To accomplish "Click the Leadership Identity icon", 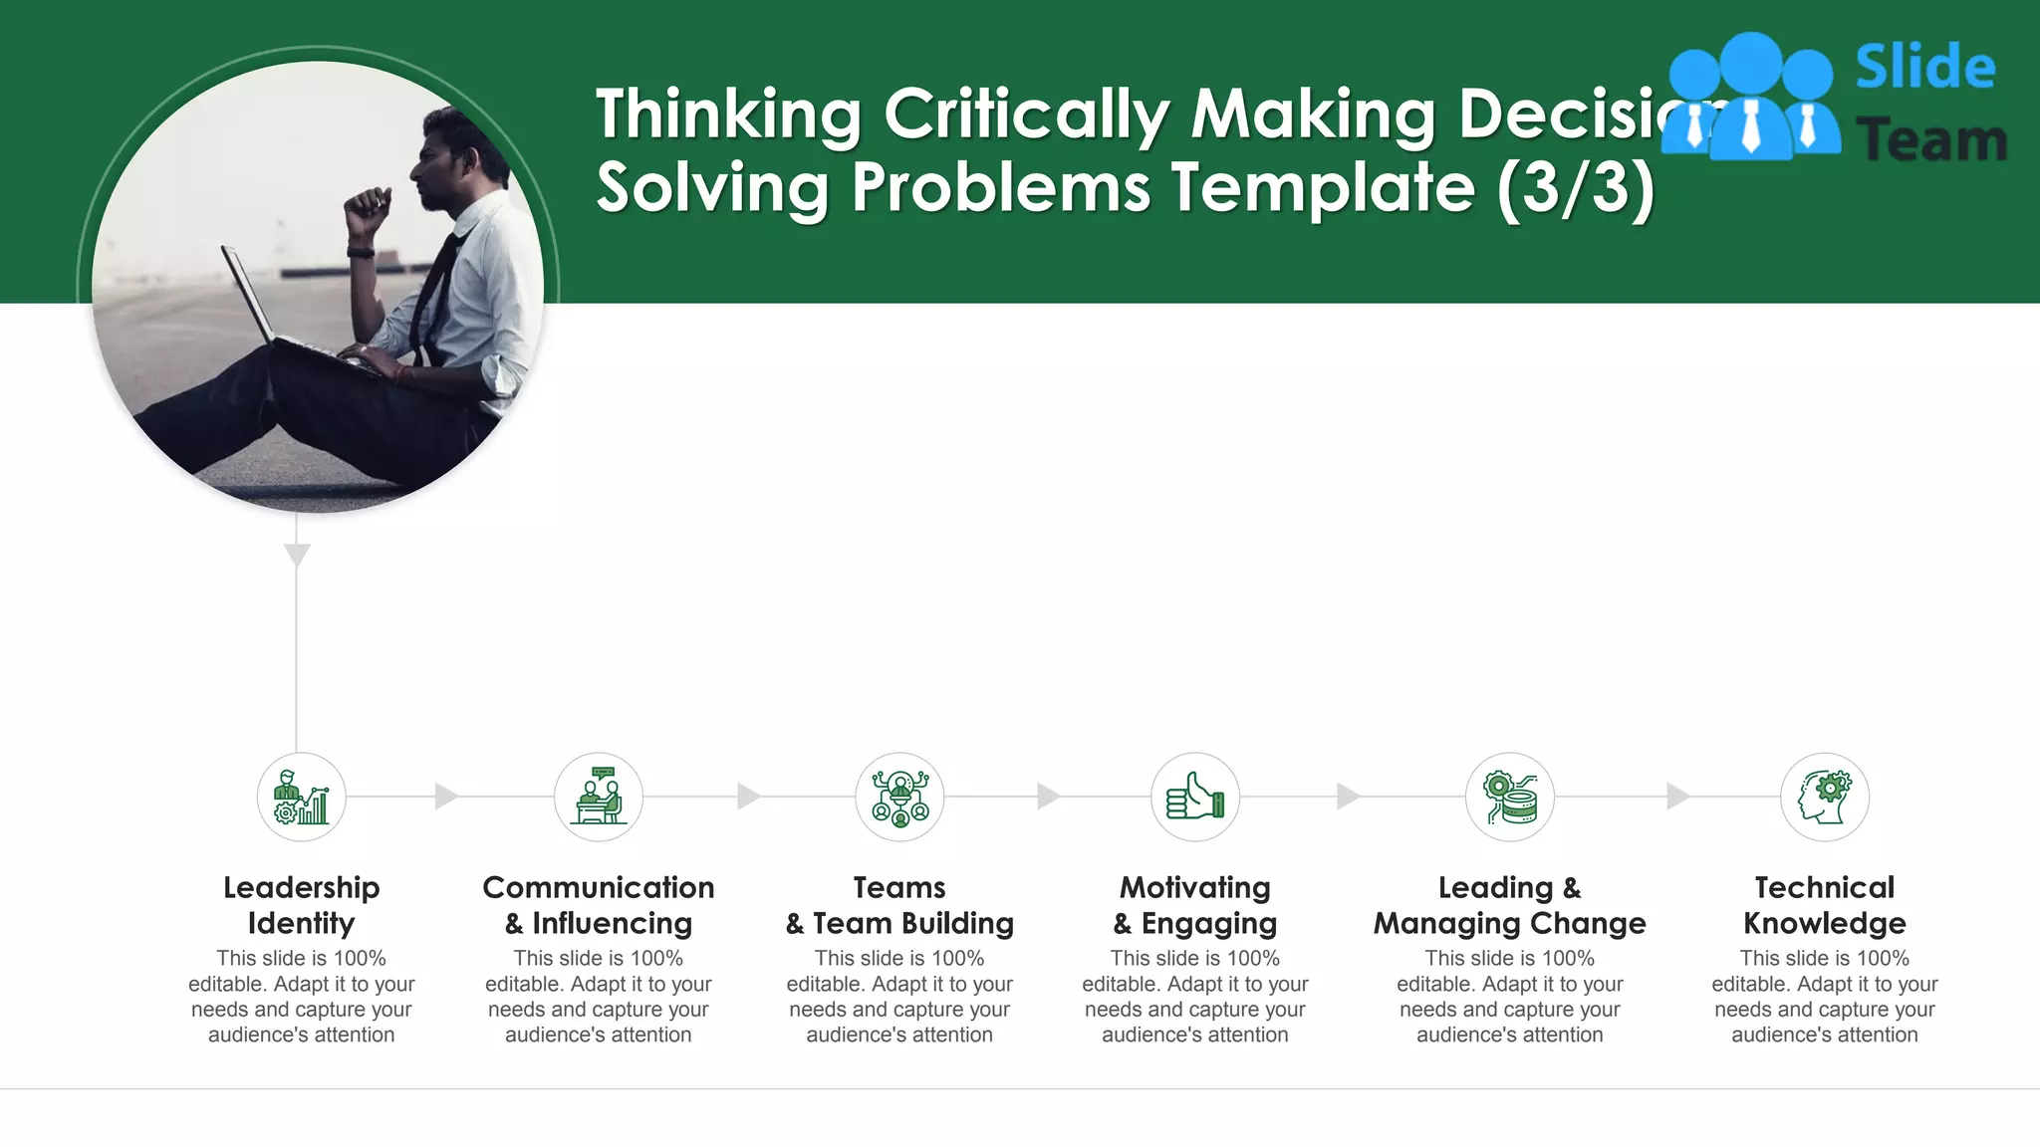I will click(x=301, y=798).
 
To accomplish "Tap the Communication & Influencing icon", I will click(x=598, y=798).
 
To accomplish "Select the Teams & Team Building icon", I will click(x=899, y=798).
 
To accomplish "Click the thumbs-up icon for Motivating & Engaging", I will click(x=1194, y=798).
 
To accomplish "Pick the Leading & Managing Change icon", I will click(x=1509, y=798).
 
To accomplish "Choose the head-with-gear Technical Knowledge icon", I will click(x=1824, y=798).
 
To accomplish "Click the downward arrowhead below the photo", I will click(x=297, y=555).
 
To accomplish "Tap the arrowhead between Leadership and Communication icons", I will click(x=446, y=797).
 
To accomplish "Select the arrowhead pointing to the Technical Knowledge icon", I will click(x=1677, y=797).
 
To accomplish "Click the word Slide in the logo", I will click(x=1924, y=68).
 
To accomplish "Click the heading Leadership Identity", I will click(x=301, y=905).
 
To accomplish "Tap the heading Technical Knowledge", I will click(x=1824, y=905).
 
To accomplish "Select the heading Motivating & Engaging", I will click(x=1194, y=905).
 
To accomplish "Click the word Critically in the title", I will click(x=1026, y=115).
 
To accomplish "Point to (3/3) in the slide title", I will click(x=1574, y=187).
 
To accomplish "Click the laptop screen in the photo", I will click(x=246, y=294).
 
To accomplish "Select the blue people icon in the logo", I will click(x=1749, y=98).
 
